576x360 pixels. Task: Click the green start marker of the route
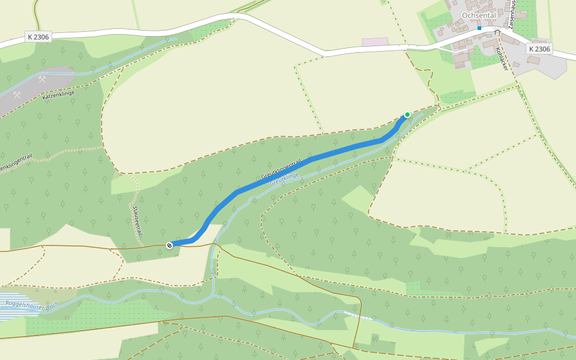click(x=407, y=115)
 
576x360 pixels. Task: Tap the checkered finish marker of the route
click(x=169, y=245)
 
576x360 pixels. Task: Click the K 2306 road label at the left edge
click(x=38, y=37)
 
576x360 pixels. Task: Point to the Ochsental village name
click(x=478, y=15)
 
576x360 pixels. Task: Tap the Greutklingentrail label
click(x=280, y=170)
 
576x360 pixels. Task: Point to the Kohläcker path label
click(x=502, y=59)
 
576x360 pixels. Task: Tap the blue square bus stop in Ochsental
click(x=479, y=28)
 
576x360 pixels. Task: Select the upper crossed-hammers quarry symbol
click(x=42, y=79)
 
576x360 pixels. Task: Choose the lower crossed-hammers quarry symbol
click(x=17, y=95)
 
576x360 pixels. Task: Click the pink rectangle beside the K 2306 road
click(x=374, y=42)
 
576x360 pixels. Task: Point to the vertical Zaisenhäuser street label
click(x=512, y=14)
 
